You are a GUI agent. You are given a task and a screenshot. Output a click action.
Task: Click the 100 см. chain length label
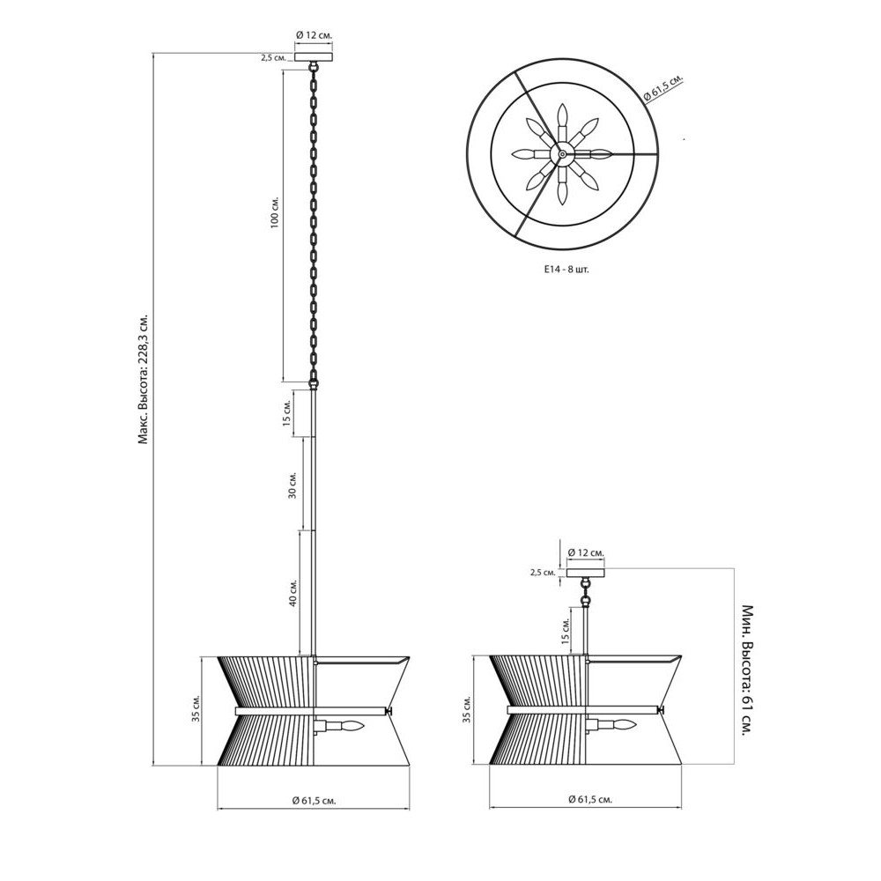click(x=275, y=212)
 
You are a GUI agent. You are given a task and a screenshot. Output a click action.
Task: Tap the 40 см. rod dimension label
click(x=292, y=592)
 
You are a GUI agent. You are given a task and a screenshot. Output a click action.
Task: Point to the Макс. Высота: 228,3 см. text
click(x=144, y=380)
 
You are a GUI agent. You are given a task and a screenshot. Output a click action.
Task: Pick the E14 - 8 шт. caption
click(x=566, y=270)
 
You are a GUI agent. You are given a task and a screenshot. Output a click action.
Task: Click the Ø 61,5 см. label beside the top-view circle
click(x=663, y=89)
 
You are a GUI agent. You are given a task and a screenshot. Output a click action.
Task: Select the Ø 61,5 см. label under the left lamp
click(x=314, y=801)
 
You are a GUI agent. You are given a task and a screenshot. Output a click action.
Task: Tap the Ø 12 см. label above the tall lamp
click(x=315, y=35)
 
